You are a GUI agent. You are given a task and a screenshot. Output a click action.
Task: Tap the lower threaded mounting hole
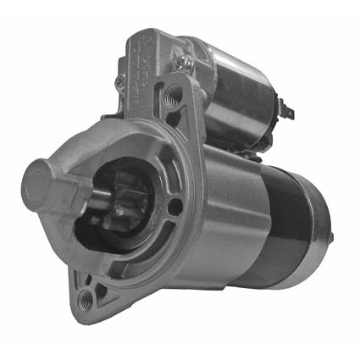click(85, 299)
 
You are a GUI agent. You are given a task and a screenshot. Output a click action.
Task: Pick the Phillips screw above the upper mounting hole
click(180, 60)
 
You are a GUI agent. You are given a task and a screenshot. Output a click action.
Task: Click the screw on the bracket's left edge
click(119, 82)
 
